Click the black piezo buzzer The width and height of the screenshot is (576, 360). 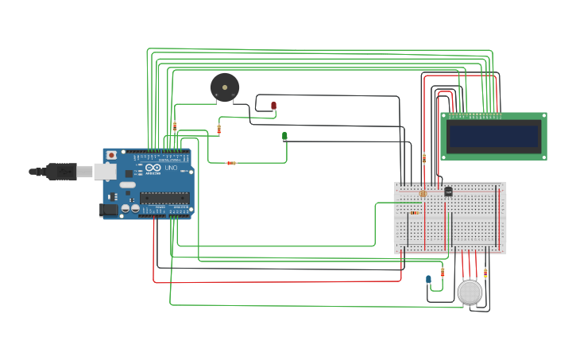tap(224, 87)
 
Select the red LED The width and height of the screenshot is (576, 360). tap(273, 105)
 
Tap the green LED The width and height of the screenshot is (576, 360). tap(284, 136)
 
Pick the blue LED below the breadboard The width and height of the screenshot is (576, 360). tap(428, 279)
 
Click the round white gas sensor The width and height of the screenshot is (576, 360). tap(470, 292)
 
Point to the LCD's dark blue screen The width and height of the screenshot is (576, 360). tap(493, 136)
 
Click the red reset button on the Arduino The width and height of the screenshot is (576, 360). tap(111, 155)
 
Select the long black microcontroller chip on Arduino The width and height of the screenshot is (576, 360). tap(164, 197)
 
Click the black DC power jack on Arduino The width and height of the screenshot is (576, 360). tap(108, 210)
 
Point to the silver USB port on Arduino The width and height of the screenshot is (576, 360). tap(105, 171)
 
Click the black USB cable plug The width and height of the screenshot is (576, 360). tap(60, 171)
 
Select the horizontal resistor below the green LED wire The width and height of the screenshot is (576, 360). tap(231, 163)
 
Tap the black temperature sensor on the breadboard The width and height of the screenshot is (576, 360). tap(448, 191)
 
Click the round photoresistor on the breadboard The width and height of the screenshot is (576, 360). tap(423, 193)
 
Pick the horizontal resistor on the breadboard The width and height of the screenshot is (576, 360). tap(414, 212)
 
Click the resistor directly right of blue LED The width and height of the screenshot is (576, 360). tap(443, 272)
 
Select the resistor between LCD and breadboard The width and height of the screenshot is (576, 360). tap(424, 157)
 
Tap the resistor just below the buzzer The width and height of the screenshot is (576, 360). tap(219, 129)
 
